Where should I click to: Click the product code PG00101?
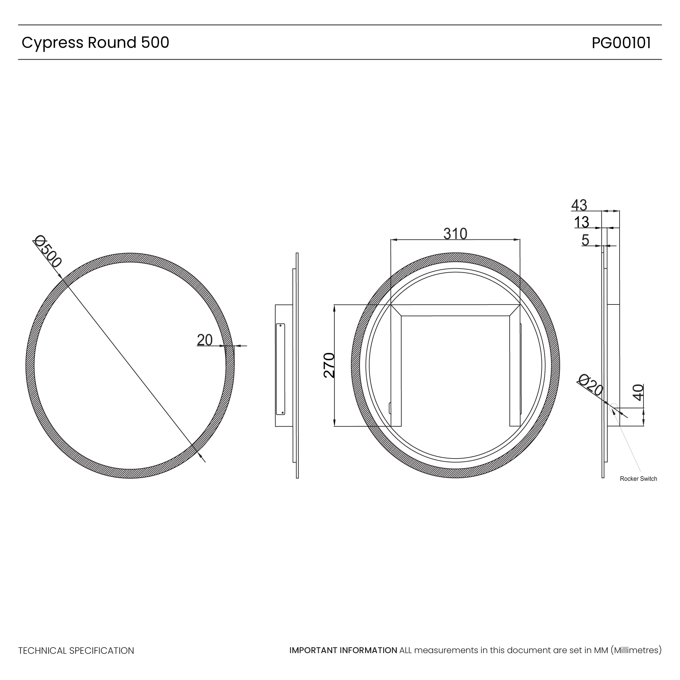(621, 43)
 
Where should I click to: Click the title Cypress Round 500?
(95, 42)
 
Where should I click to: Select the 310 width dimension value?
(455, 234)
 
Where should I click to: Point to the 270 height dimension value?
(329, 365)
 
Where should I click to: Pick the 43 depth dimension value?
(579, 205)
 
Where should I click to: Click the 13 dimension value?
(581, 222)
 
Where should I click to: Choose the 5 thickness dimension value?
(585, 240)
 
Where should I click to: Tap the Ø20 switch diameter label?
(591, 385)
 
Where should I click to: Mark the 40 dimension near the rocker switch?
(638, 392)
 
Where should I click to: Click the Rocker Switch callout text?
(638, 479)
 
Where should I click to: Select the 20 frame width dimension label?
(205, 340)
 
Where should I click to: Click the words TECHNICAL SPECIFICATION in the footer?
(76, 650)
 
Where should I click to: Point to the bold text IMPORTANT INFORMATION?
(343, 650)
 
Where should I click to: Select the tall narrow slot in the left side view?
(281, 369)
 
